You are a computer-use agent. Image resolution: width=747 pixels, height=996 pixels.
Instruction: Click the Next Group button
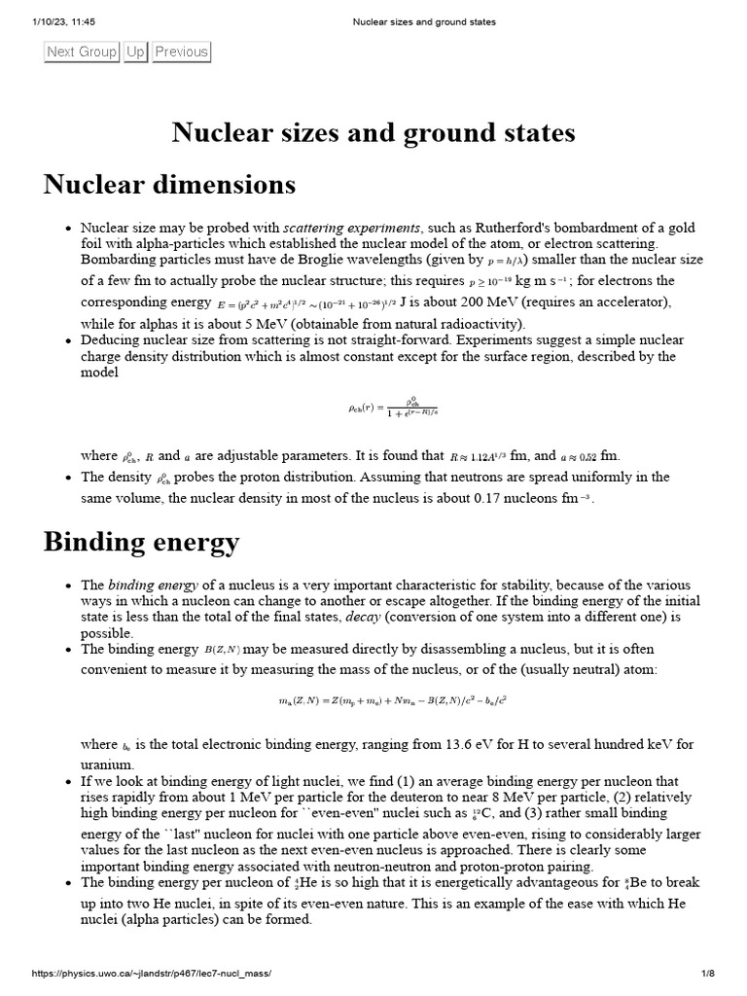coord(82,52)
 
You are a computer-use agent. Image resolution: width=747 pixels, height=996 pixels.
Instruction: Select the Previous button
coord(181,52)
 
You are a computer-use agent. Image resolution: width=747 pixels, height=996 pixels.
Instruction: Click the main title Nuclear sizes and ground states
coord(373,131)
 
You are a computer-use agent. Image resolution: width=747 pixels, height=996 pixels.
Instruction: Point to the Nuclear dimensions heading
coord(169,184)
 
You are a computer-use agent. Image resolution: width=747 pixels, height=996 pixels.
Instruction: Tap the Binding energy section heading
coord(141,542)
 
